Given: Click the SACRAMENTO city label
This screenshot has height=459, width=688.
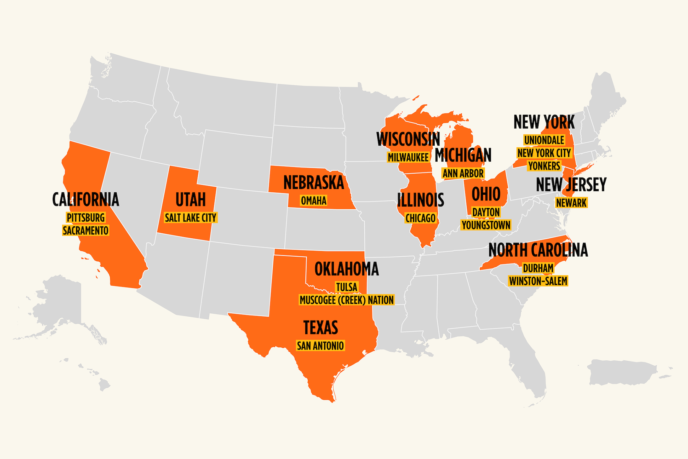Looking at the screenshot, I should [x=86, y=231].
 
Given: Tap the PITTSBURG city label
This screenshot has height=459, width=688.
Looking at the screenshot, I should [x=86, y=218].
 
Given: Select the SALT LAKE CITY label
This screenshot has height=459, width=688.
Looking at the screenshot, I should [x=190, y=218].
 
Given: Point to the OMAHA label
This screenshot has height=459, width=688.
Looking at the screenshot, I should [x=313, y=201].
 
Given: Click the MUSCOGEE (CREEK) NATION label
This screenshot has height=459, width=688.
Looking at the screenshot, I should [x=346, y=300].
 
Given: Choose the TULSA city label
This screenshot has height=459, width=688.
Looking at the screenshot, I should [x=346, y=287].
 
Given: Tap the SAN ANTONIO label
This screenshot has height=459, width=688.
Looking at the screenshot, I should [x=320, y=346].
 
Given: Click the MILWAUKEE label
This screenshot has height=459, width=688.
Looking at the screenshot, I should [x=408, y=157].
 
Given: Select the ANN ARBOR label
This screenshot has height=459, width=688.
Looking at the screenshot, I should [x=463, y=174].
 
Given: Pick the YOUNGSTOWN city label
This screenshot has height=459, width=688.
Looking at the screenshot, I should [x=486, y=225].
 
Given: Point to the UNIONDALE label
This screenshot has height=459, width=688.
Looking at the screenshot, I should [x=544, y=140].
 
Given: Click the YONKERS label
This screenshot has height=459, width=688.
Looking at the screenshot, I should [x=544, y=166].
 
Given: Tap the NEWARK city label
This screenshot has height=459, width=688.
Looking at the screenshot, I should [x=571, y=203].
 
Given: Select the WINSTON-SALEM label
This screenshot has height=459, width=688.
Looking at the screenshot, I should [x=538, y=281].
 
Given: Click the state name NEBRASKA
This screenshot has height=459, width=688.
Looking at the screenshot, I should [x=313, y=183].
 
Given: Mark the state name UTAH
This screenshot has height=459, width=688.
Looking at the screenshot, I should [x=190, y=200].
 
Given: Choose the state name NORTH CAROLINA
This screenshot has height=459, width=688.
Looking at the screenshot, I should [x=538, y=250].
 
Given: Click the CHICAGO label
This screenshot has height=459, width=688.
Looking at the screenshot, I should [x=420, y=218].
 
